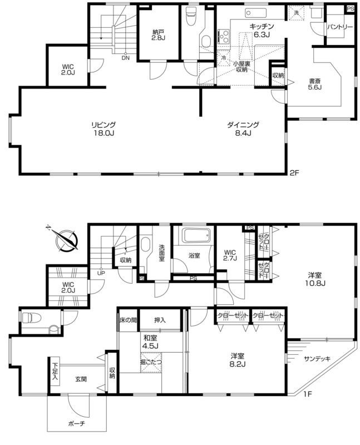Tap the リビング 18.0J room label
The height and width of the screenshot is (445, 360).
(x=103, y=128)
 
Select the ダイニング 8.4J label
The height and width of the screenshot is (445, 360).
(x=243, y=128)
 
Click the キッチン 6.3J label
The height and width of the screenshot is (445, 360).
(x=262, y=31)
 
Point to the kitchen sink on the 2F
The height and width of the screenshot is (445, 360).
(x=256, y=13)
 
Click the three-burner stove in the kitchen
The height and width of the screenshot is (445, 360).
(x=224, y=36)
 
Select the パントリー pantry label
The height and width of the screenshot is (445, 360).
(x=339, y=27)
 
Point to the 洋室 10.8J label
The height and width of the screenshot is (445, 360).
(x=315, y=279)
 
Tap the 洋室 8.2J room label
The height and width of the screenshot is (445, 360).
(x=237, y=359)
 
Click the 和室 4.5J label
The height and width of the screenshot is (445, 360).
(x=150, y=342)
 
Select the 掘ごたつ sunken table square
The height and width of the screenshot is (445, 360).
(x=151, y=362)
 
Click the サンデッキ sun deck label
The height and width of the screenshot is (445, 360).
(x=317, y=359)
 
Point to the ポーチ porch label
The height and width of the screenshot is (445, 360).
(x=76, y=424)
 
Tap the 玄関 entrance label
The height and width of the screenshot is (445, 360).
(x=81, y=379)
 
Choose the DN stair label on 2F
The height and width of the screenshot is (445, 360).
(x=125, y=58)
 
